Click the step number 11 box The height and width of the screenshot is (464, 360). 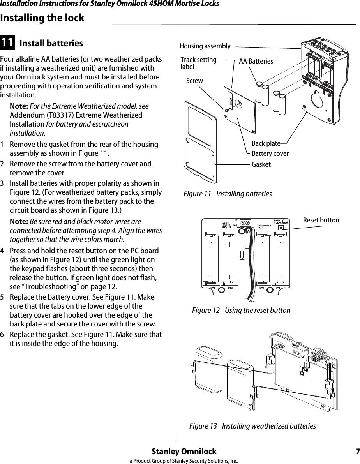8,43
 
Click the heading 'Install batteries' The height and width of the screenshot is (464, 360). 51,43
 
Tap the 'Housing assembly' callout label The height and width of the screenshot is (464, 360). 205,46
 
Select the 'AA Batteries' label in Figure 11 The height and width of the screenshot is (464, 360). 256,62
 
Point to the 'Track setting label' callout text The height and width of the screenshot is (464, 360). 199,63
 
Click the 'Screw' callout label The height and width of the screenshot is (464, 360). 194,81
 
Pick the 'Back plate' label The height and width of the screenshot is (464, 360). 266,144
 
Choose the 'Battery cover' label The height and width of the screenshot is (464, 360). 270,154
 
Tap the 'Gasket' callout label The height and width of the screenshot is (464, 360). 261,164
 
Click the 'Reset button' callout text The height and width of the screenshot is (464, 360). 321,221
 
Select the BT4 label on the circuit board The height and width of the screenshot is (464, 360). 213,288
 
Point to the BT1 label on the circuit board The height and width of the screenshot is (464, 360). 278,288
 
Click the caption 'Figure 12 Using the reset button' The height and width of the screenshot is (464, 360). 241,311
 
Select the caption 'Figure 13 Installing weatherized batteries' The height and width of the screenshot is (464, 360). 252,426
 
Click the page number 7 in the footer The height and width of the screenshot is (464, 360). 357,452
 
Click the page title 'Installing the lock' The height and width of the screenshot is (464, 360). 42,18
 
